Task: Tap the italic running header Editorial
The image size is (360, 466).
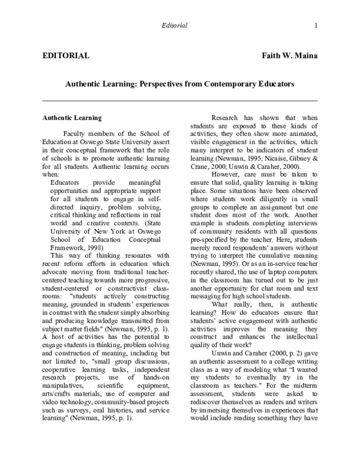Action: click(175, 25)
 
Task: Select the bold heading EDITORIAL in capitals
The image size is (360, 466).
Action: click(66, 56)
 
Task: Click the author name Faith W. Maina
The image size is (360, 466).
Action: click(289, 56)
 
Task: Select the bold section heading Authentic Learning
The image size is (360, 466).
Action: click(71, 118)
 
